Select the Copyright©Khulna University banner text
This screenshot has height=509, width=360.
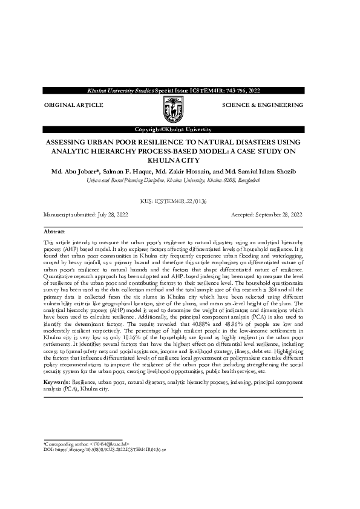coord(173,130)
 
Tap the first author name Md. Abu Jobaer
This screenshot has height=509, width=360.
coord(75,172)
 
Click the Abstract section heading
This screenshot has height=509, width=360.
coord(54,232)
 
